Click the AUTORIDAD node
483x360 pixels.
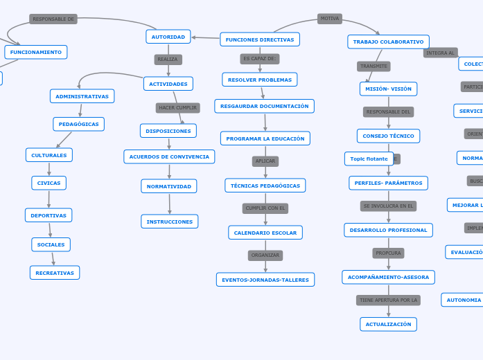click(x=168, y=37)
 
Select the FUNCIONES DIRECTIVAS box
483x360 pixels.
click(x=260, y=39)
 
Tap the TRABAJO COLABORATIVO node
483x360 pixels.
click(x=388, y=42)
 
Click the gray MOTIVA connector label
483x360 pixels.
click(x=330, y=19)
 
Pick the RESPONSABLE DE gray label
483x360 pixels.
click(x=53, y=19)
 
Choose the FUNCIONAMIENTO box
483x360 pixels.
click(x=36, y=52)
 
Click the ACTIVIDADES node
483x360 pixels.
click(x=168, y=84)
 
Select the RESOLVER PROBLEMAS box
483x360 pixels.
click(x=260, y=80)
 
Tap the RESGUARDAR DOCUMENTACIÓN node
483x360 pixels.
click(x=264, y=106)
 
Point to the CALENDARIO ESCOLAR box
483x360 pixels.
click(x=265, y=233)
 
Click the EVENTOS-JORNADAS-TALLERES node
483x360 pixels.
click(x=265, y=280)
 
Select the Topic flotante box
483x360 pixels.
click(x=369, y=159)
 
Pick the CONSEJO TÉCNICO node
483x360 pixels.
click(x=388, y=136)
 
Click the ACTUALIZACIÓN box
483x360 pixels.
click(x=388, y=324)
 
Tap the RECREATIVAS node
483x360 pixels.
click(x=55, y=273)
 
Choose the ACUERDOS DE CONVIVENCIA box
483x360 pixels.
click(x=169, y=156)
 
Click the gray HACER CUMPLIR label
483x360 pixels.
click(x=177, y=108)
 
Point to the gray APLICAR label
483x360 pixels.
click(x=265, y=161)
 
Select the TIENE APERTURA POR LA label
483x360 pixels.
click(x=389, y=300)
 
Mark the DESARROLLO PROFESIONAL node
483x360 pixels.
click(x=388, y=230)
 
